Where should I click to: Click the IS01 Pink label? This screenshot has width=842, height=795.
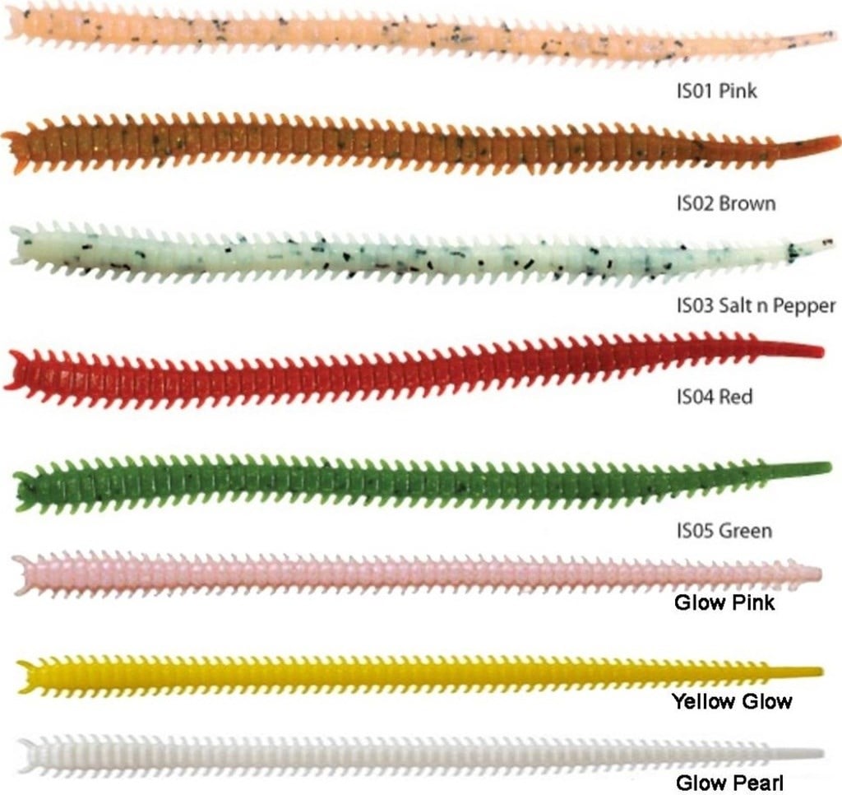(716, 91)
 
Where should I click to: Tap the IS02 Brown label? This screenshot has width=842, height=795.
(726, 203)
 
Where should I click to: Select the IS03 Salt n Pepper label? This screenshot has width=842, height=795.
(756, 306)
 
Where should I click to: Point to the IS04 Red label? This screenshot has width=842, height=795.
(715, 397)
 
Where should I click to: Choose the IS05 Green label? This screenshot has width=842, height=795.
(724, 531)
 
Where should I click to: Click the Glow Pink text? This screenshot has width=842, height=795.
(724, 602)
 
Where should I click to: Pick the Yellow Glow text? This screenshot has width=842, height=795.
(732, 701)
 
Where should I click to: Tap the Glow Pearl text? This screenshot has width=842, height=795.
(730, 783)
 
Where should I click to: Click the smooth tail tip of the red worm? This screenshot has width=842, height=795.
(821, 351)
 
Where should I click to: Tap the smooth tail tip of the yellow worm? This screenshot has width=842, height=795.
(820, 672)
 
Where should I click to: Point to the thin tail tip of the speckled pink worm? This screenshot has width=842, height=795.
(831, 35)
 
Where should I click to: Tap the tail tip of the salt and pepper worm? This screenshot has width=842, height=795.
(830, 243)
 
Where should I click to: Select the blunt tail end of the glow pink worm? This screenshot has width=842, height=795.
(818, 573)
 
